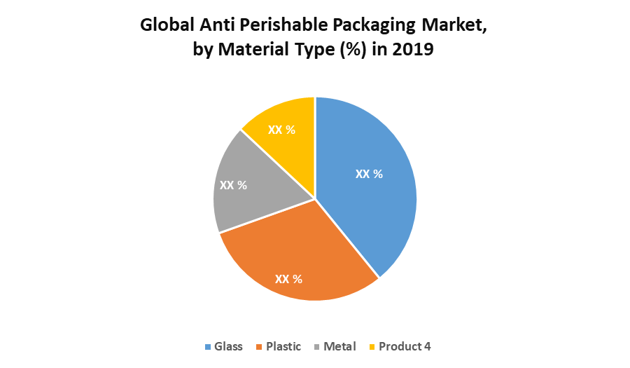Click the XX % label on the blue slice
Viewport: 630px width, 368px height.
pos(369,174)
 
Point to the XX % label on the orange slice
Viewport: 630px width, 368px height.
pos(288,279)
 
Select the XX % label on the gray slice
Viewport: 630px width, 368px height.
pos(233,185)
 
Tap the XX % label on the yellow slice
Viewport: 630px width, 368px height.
pos(281,130)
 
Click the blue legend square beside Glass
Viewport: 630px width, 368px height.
pos(207,347)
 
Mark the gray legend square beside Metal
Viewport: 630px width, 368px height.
pos(317,347)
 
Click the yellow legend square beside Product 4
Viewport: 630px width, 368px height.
pos(372,347)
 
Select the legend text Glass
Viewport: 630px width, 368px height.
pos(228,346)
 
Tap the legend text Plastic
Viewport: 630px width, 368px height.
pos(283,346)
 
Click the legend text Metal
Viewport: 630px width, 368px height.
pos(340,346)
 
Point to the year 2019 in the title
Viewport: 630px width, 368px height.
pos(415,51)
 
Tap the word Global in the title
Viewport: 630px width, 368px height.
pos(167,26)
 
